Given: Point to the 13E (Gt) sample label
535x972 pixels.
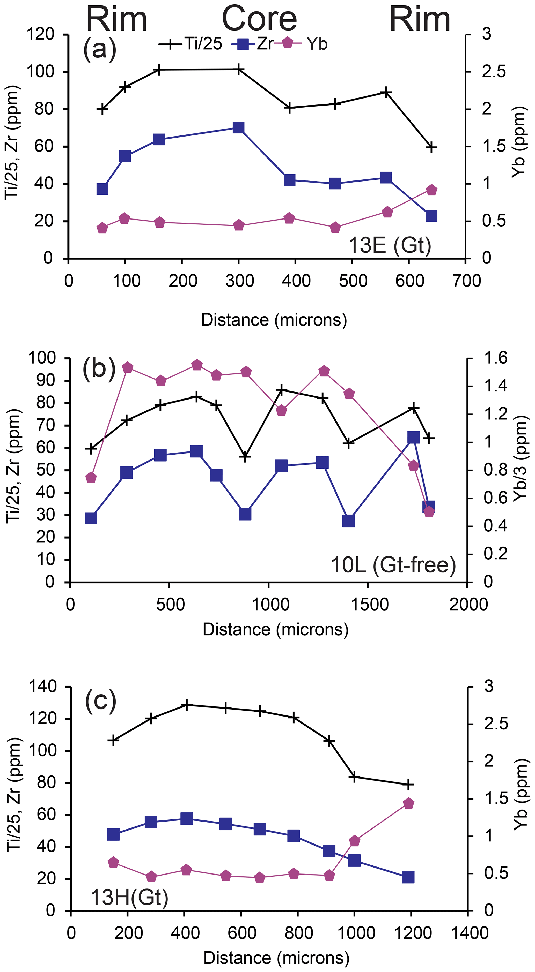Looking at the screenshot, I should tap(389, 245).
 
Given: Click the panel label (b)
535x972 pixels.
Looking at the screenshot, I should tap(99, 368).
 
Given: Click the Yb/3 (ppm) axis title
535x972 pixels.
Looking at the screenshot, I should tap(520, 459).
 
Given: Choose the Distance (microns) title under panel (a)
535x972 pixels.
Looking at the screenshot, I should tap(274, 320).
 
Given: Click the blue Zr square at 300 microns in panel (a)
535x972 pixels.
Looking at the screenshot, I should tap(238, 127).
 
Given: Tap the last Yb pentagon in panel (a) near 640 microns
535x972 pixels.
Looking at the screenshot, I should tap(431, 190).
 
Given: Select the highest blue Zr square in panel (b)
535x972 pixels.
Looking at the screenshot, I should tap(414, 437).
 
